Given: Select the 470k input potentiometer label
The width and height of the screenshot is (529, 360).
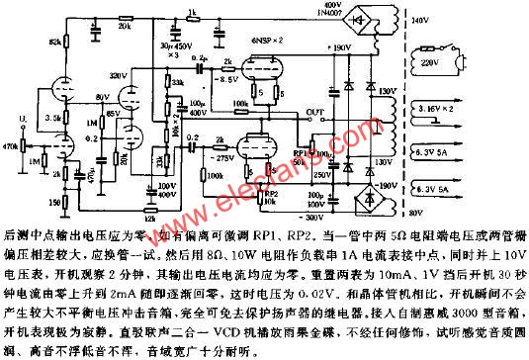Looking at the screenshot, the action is click(11, 144).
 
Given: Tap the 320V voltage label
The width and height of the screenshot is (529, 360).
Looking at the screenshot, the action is click(145, 75).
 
